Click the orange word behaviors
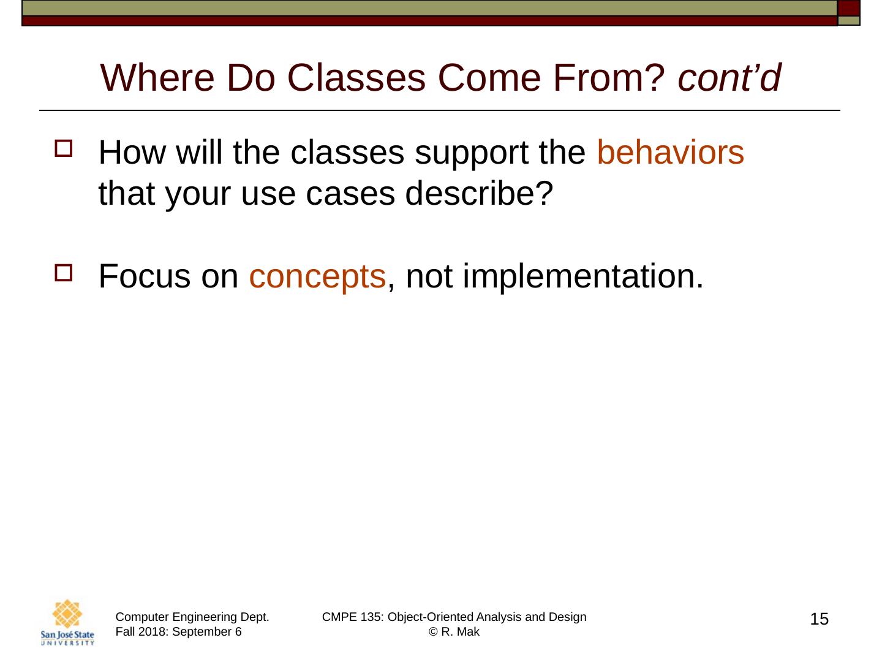point(670,153)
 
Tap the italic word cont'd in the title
point(729,78)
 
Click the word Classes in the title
point(356,78)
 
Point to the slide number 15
point(819,619)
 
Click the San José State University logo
point(67,622)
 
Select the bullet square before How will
point(64,148)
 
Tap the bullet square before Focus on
point(64,273)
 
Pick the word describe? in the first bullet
point(479,194)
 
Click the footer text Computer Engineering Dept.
point(192,617)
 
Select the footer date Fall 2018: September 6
point(178,632)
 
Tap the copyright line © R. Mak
point(454,632)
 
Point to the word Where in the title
point(157,78)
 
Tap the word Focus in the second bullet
point(145,276)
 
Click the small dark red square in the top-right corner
point(849,8)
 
